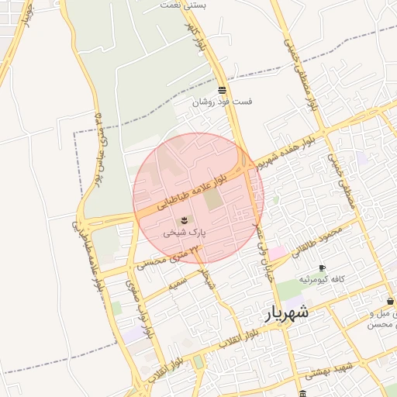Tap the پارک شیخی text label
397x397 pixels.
[184, 232]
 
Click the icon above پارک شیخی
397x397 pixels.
[184, 220]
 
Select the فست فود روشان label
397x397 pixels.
[223, 101]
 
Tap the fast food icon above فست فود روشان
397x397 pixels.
[223, 90]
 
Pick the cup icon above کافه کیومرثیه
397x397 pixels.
[322, 268]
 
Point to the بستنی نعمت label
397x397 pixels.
[184, 5]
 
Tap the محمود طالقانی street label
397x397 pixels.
[316, 241]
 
